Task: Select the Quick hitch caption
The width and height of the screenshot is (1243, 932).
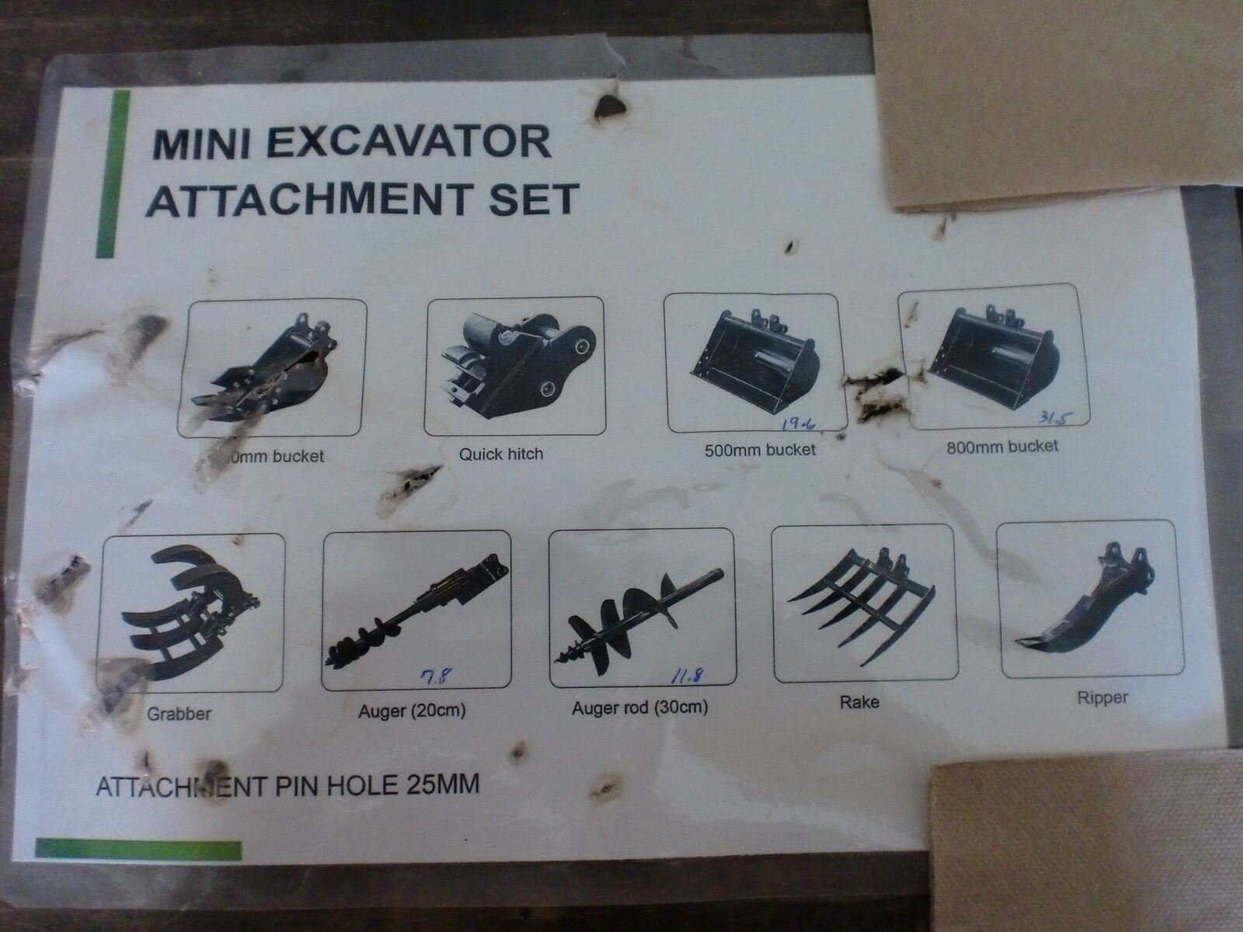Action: tap(500, 454)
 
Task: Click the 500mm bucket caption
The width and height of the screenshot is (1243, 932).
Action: tap(759, 449)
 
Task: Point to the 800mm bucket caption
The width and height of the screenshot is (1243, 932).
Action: tap(1002, 446)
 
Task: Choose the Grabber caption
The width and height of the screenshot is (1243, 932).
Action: tap(179, 713)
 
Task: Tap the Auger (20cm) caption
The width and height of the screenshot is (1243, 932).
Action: tap(411, 710)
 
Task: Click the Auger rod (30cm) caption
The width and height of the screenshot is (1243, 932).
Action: tap(639, 708)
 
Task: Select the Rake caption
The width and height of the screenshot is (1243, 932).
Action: tap(859, 702)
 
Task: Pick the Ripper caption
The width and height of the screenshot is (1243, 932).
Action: tap(1102, 697)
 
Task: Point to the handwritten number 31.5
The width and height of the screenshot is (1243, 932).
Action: tap(1050, 419)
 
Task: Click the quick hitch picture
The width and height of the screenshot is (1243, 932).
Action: tap(514, 365)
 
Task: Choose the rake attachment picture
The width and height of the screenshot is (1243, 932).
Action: tap(862, 603)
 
